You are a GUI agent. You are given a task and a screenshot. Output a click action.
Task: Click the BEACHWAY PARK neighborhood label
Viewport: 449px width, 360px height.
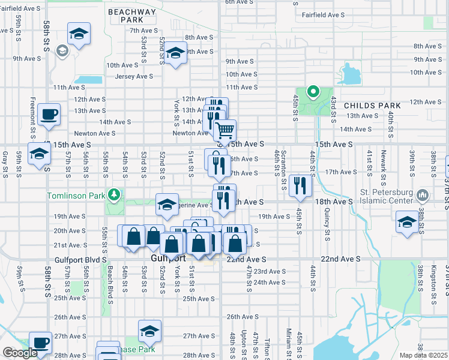(131, 16)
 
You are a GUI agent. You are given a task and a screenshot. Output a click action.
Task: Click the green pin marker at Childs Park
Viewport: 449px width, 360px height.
(312, 92)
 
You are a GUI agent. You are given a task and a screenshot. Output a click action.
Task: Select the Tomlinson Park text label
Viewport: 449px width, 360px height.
(76, 196)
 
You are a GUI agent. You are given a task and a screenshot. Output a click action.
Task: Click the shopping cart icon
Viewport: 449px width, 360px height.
(224, 130)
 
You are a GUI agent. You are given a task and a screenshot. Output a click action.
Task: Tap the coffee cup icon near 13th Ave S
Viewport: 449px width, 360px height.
(48, 113)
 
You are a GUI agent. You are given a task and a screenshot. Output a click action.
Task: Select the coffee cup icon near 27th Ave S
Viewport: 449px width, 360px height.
(40, 342)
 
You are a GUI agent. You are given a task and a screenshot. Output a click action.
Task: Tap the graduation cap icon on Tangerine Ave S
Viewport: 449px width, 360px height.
(167, 205)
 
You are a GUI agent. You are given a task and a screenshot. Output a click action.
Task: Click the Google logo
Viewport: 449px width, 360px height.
(20, 353)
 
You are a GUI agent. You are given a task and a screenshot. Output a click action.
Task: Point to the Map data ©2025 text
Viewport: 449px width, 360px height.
(423, 355)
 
